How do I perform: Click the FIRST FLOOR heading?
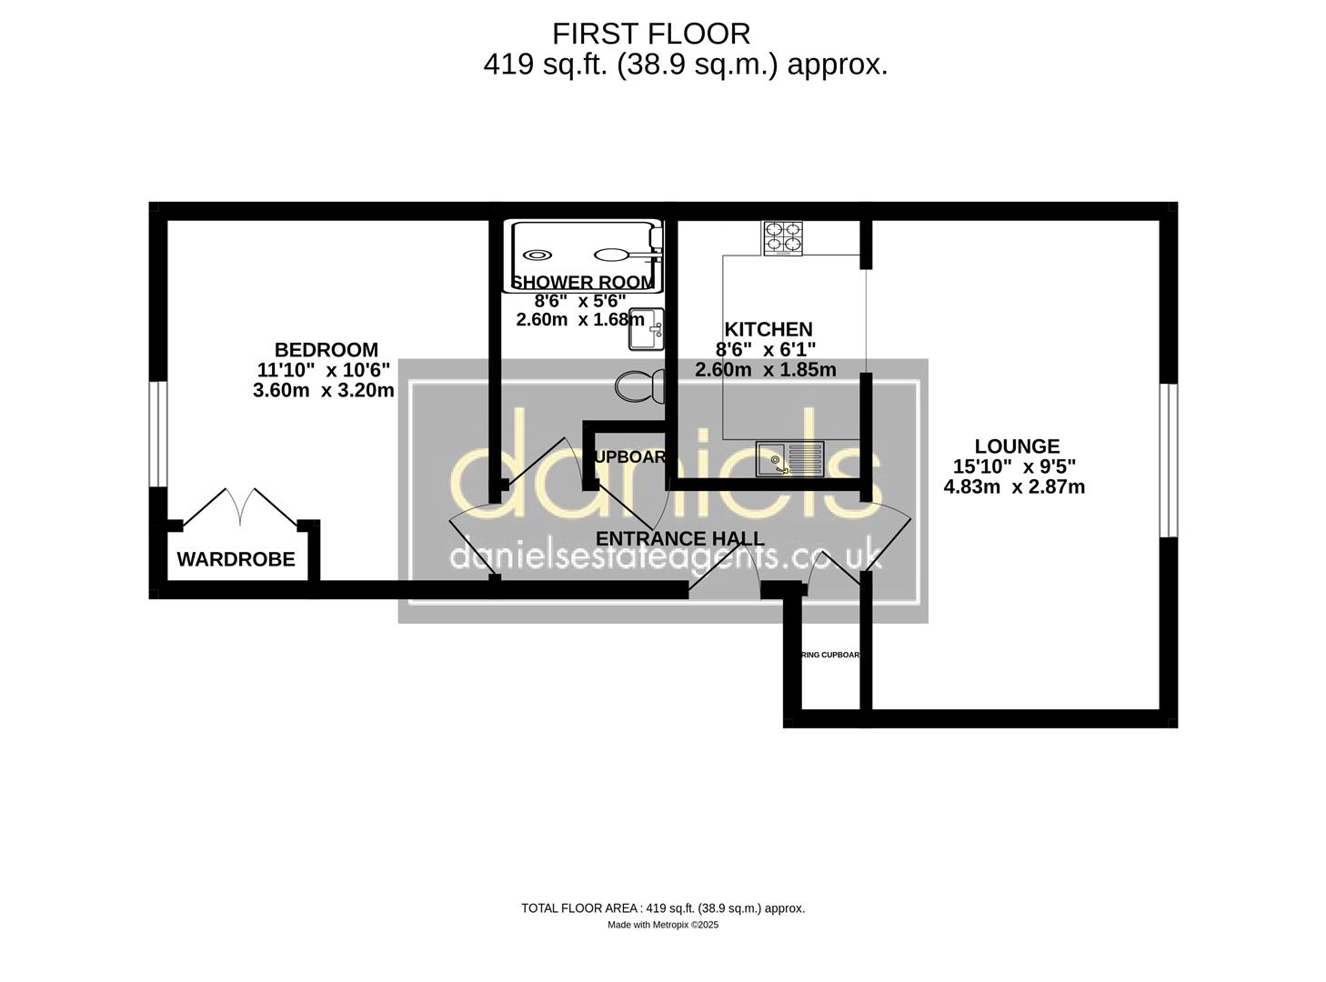(651, 34)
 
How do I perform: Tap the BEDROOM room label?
(326, 350)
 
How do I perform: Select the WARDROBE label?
(236, 560)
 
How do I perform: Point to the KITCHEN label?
(768, 329)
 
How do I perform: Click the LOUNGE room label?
(1017, 446)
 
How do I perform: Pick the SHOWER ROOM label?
(582, 283)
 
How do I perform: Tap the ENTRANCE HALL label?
(679, 538)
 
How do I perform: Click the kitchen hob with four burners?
(783, 238)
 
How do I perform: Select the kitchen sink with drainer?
(789, 458)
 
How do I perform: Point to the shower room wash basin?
(647, 329)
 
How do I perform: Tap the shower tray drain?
(537, 255)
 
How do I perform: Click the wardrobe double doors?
(241, 507)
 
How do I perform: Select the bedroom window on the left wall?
(158, 434)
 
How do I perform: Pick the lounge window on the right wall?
(1168, 460)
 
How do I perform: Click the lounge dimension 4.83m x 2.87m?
(1014, 486)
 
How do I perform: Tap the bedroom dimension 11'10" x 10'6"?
(323, 370)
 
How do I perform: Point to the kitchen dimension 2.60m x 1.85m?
(765, 369)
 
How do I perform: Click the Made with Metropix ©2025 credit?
(662, 925)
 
